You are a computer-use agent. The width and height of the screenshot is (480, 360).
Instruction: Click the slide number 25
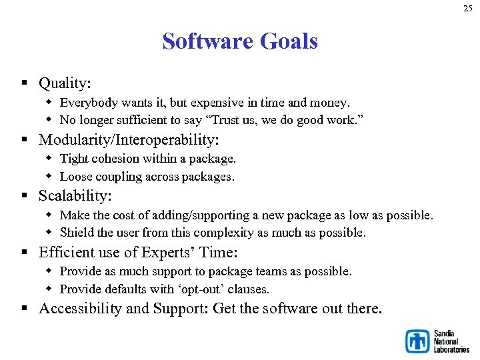(467, 9)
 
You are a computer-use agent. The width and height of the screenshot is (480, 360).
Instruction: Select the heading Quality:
(65, 83)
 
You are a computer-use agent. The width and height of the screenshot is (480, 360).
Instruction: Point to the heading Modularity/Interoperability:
(129, 140)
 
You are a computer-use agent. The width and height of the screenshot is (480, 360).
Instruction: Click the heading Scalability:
(75, 196)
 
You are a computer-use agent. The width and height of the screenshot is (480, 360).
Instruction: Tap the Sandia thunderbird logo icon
(418, 341)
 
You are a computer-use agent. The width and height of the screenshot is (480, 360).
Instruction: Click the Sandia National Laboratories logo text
(451, 341)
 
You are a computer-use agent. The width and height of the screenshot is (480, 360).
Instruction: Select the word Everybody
(89, 103)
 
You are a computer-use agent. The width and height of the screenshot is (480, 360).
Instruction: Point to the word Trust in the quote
(217, 121)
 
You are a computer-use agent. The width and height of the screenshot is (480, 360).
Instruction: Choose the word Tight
(73, 159)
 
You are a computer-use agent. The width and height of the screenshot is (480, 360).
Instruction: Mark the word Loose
(76, 177)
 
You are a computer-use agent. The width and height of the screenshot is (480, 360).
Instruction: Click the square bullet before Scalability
(23, 196)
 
